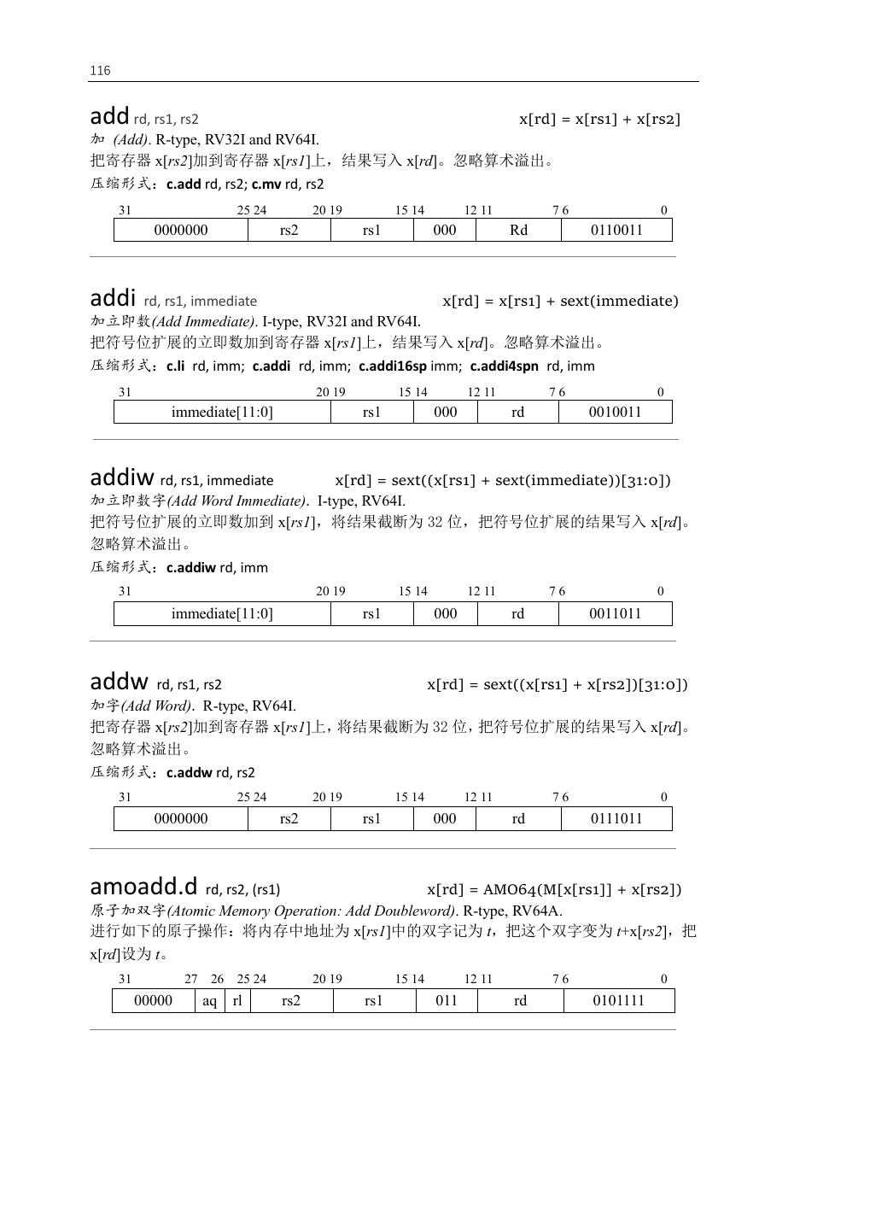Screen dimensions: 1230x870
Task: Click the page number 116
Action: (x=100, y=71)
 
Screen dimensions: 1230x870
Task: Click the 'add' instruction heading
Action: (x=109, y=116)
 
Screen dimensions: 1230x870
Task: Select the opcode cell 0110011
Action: (x=616, y=230)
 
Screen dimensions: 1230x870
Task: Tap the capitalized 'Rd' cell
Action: (x=518, y=230)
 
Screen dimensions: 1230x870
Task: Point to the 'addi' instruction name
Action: (x=113, y=298)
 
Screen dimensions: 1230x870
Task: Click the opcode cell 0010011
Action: (x=615, y=412)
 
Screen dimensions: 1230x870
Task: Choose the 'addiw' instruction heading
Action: (x=122, y=478)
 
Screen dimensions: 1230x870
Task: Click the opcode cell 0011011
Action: (x=615, y=613)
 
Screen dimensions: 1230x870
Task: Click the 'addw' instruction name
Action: (x=120, y=682)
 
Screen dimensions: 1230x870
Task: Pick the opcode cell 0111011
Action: (x=616, y=818)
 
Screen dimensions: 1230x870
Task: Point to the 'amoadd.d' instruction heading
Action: (x=143, y=887)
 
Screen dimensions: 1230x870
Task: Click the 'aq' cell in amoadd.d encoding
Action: (x=209, y=1001)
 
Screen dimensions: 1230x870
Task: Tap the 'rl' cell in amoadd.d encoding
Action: (x=237, y=1001)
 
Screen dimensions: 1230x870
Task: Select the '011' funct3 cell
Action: (x=447, y=1001)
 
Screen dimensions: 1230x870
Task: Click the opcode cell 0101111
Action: (x=618, y=1001)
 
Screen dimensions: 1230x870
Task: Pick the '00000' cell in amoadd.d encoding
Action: (x=154, y=1001)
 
